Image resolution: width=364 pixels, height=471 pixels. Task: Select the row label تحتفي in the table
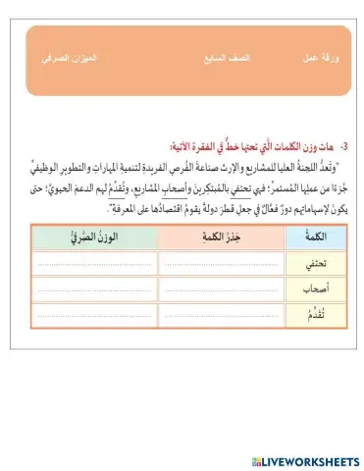(x=299, y=263)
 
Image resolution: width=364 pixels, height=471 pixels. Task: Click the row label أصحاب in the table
(x=299, y=288)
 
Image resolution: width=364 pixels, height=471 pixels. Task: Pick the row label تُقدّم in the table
(x=299, y=314)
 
